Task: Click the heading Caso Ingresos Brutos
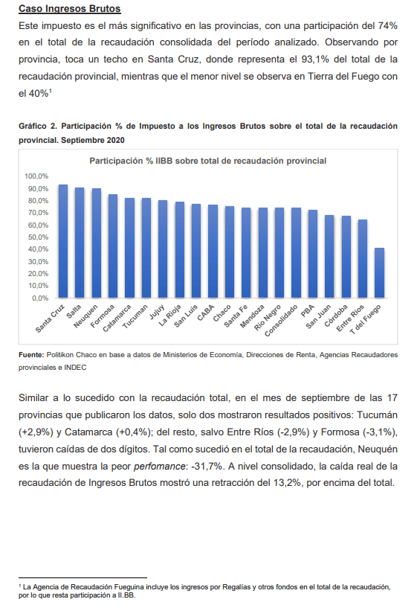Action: [69, 8]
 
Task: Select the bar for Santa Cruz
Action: [62, 241]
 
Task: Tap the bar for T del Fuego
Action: [380, 273]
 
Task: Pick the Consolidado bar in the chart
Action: [297, 253]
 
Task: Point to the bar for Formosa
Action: [113, 246]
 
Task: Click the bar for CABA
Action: [213, 252]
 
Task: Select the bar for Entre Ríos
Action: [363, 259]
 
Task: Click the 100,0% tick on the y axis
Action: [36, 176]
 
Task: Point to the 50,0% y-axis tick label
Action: [38, 237]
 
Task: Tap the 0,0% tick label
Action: [40, 298]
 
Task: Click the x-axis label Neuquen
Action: [86, 316]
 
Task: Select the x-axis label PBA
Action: [308, 311]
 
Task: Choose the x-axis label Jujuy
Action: [158, 312]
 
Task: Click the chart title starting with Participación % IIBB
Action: [208, 161]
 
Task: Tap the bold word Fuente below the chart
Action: [32, 354]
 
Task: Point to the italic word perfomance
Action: [159, 466]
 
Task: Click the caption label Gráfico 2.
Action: [38, 127]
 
